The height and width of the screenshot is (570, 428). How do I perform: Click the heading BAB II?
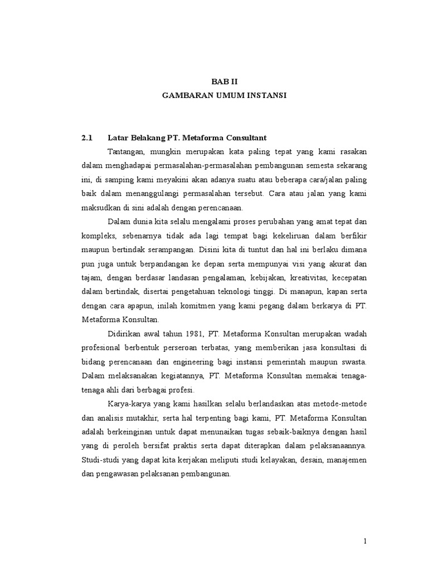click(x=223, y=81)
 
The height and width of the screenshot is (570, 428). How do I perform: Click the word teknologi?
click(x=255, y=291)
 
